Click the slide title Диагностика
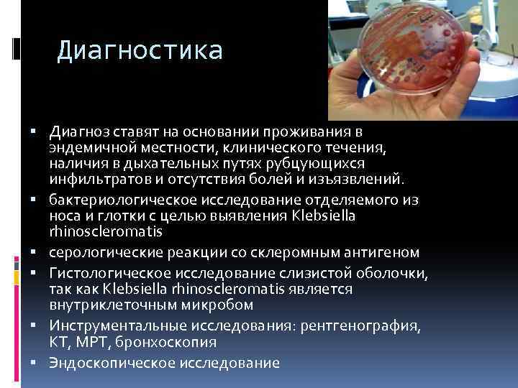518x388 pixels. point(140,50)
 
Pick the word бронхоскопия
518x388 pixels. point(161,342)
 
